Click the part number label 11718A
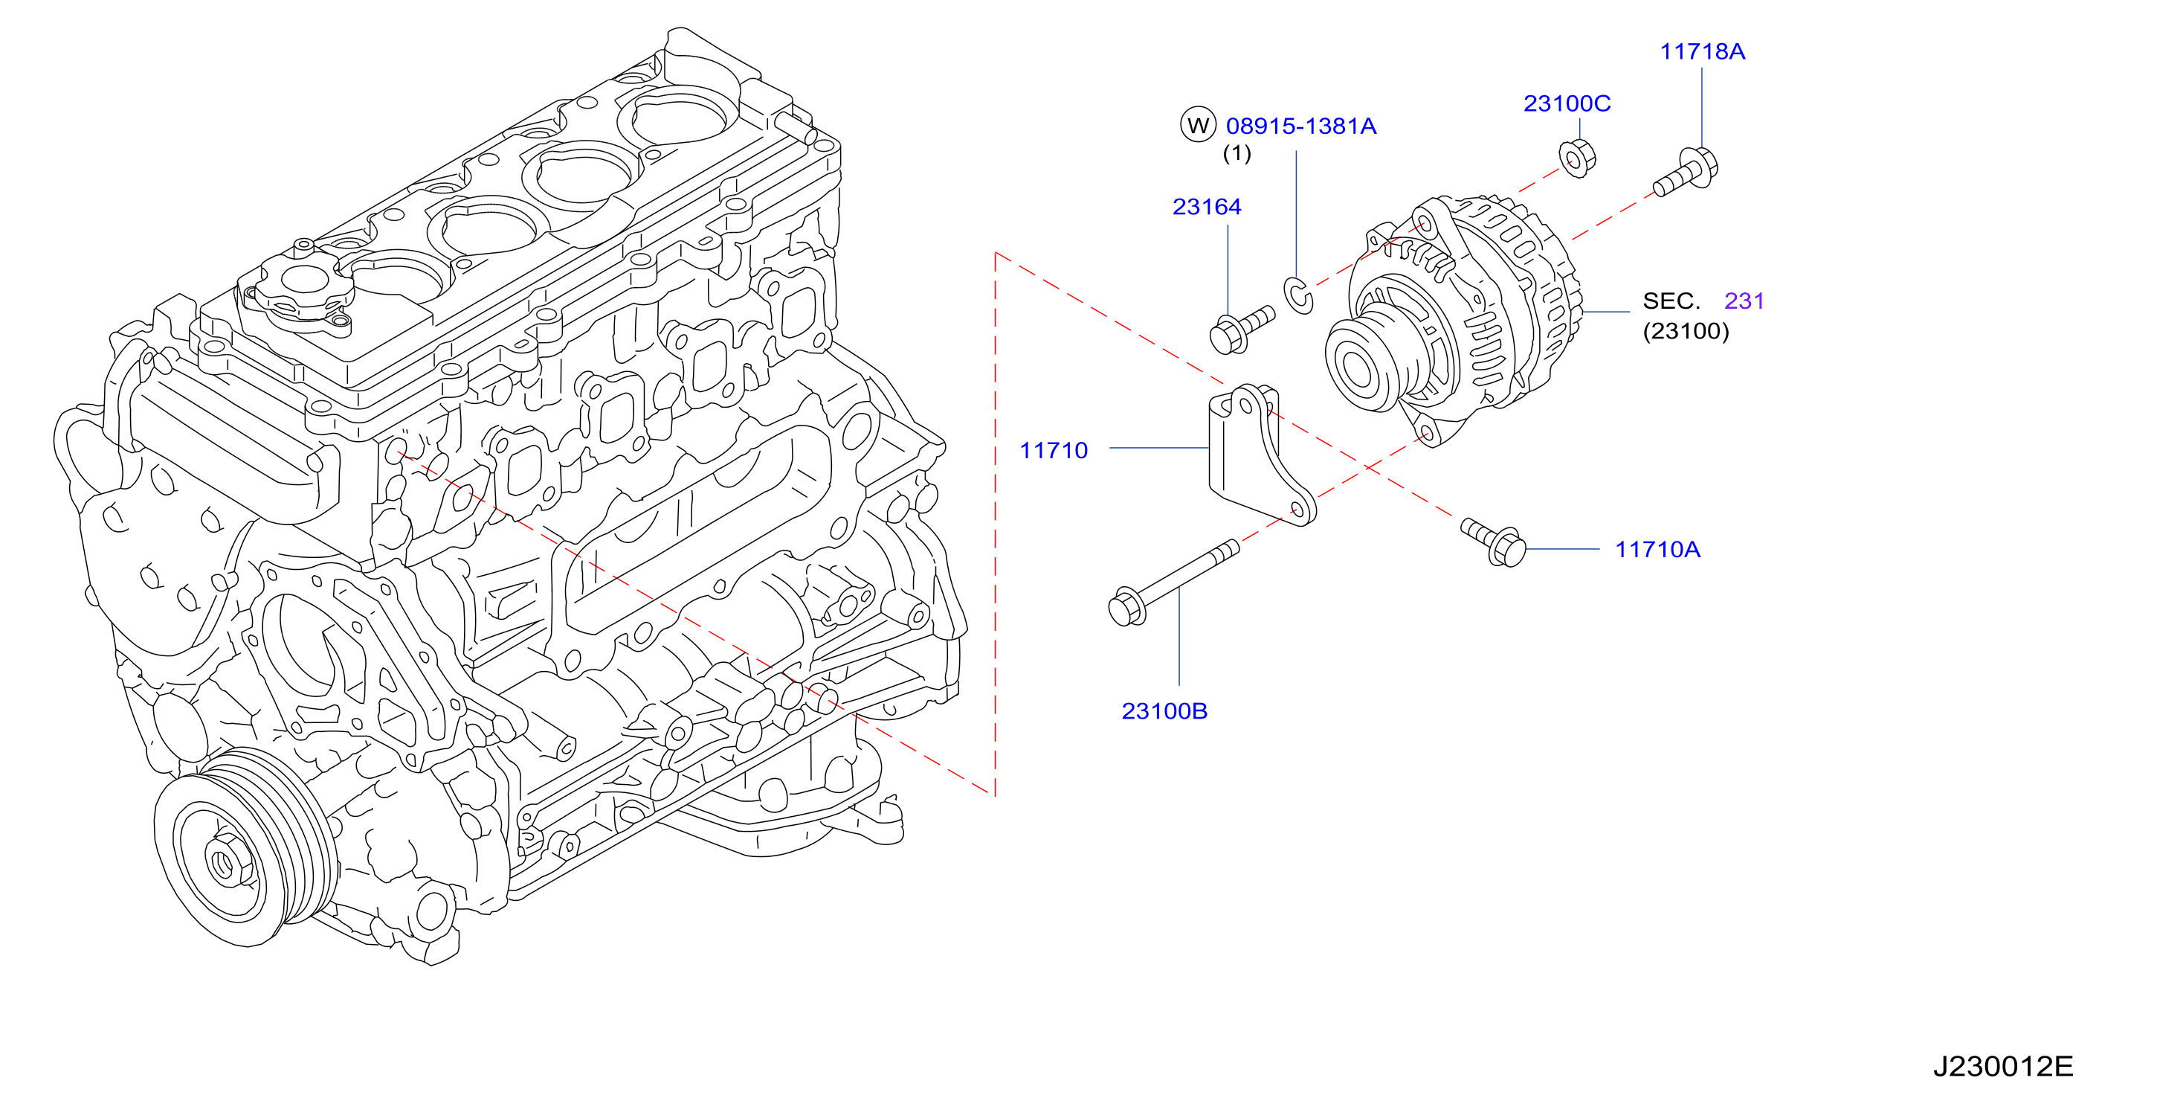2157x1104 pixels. point(1702,52)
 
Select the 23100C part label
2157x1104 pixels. point(1567,104)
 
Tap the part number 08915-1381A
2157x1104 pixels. point(1301,126)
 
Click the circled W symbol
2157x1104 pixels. point(1199,126)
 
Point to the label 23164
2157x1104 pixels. point(1207,207)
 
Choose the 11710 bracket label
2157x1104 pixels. point(1054,451)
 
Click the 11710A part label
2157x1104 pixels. point(1657,550)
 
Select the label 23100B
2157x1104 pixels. point(1164,711)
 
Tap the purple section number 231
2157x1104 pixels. point(1744,301)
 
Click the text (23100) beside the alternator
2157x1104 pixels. point(1686,331)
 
